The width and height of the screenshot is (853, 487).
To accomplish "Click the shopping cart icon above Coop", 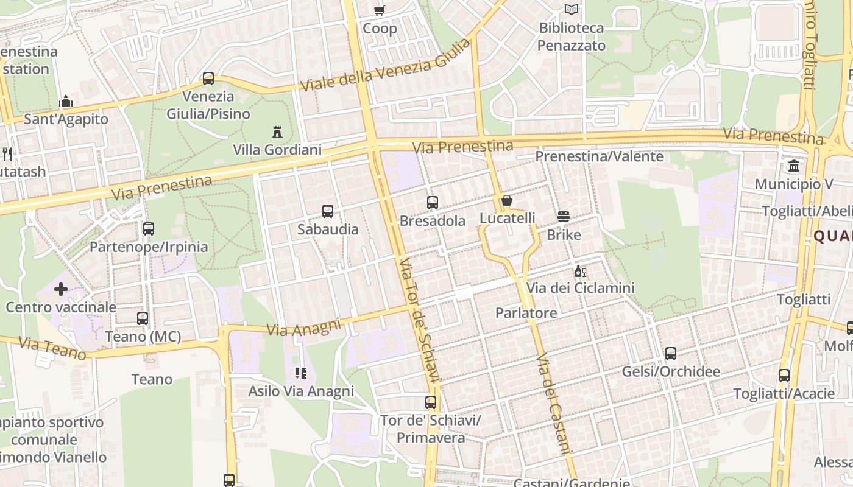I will tap(380, 10).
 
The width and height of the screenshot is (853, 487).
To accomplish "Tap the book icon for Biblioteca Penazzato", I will tap(571, 9).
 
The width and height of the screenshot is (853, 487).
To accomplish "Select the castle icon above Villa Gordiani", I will tap(277, 131).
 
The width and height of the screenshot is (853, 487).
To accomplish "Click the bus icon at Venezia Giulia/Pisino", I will tap(208, 78).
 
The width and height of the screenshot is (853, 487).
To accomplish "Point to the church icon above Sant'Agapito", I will tap(65, 101).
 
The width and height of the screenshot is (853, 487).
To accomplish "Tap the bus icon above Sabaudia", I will tap(328, 211).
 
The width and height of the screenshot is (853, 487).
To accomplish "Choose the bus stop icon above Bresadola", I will tap(433, 203).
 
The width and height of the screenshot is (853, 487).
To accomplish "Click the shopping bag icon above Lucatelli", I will tap(507, 200).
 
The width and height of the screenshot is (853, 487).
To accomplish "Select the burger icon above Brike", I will tap(564, 217).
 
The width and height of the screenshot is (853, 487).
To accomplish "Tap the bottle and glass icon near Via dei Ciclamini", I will tap(580, 271).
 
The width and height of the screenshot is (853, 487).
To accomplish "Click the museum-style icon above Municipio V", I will tap(794, 166).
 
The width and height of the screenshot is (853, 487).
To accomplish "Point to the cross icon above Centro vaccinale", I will tap(61, 289).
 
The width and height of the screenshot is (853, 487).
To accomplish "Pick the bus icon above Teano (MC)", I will tap(143, 318).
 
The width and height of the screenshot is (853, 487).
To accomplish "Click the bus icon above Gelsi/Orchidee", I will tap(671, 353).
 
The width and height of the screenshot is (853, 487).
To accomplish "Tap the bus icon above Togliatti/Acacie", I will tap(784, 376).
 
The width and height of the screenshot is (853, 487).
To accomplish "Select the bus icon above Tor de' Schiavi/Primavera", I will tap(431, 402).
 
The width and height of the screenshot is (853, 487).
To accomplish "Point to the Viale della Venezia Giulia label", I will tap(386, 66).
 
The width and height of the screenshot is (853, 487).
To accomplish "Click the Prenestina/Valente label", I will tap(599, 156).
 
